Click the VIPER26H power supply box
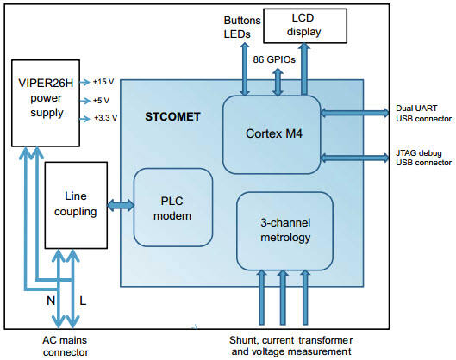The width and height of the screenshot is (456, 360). (x=46, y=103)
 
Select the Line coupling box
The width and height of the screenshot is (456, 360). (x=76, y=205)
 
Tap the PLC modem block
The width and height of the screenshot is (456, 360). (x=173, y=208)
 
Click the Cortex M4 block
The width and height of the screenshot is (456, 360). (x=272, y=134)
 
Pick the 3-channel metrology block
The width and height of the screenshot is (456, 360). (x=284, y=231)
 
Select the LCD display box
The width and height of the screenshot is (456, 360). (x=305, y=26)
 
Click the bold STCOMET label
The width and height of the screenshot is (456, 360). (x=172, y=117)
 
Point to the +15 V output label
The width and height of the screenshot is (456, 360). (x=103, y=82)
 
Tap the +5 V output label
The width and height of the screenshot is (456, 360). (x=101, y=101)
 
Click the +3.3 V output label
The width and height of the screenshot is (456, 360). (x=105, y=118)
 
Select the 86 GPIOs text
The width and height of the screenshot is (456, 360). (x=274, y=59)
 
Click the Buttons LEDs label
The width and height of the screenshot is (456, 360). (x=242, y=28)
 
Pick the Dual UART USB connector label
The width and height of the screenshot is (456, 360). (x=423, y=114)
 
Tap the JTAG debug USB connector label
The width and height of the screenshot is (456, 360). (x=423, y=158)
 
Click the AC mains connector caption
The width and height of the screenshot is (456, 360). (x=66, y=346)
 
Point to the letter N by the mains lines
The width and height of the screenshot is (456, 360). (x=51, y=301)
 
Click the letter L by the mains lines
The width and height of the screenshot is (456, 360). (x=83, y=301)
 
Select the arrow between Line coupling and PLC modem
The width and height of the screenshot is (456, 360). (x=121, y=206)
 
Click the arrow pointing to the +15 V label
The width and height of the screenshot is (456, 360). (x=85, y=82)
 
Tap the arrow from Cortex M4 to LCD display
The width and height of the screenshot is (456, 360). (x=304, y=69)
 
